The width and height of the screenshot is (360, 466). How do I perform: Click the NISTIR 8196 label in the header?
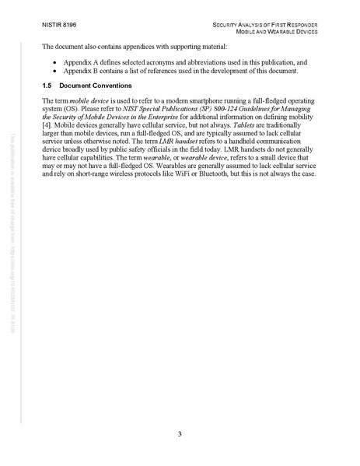click(58, 25)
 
